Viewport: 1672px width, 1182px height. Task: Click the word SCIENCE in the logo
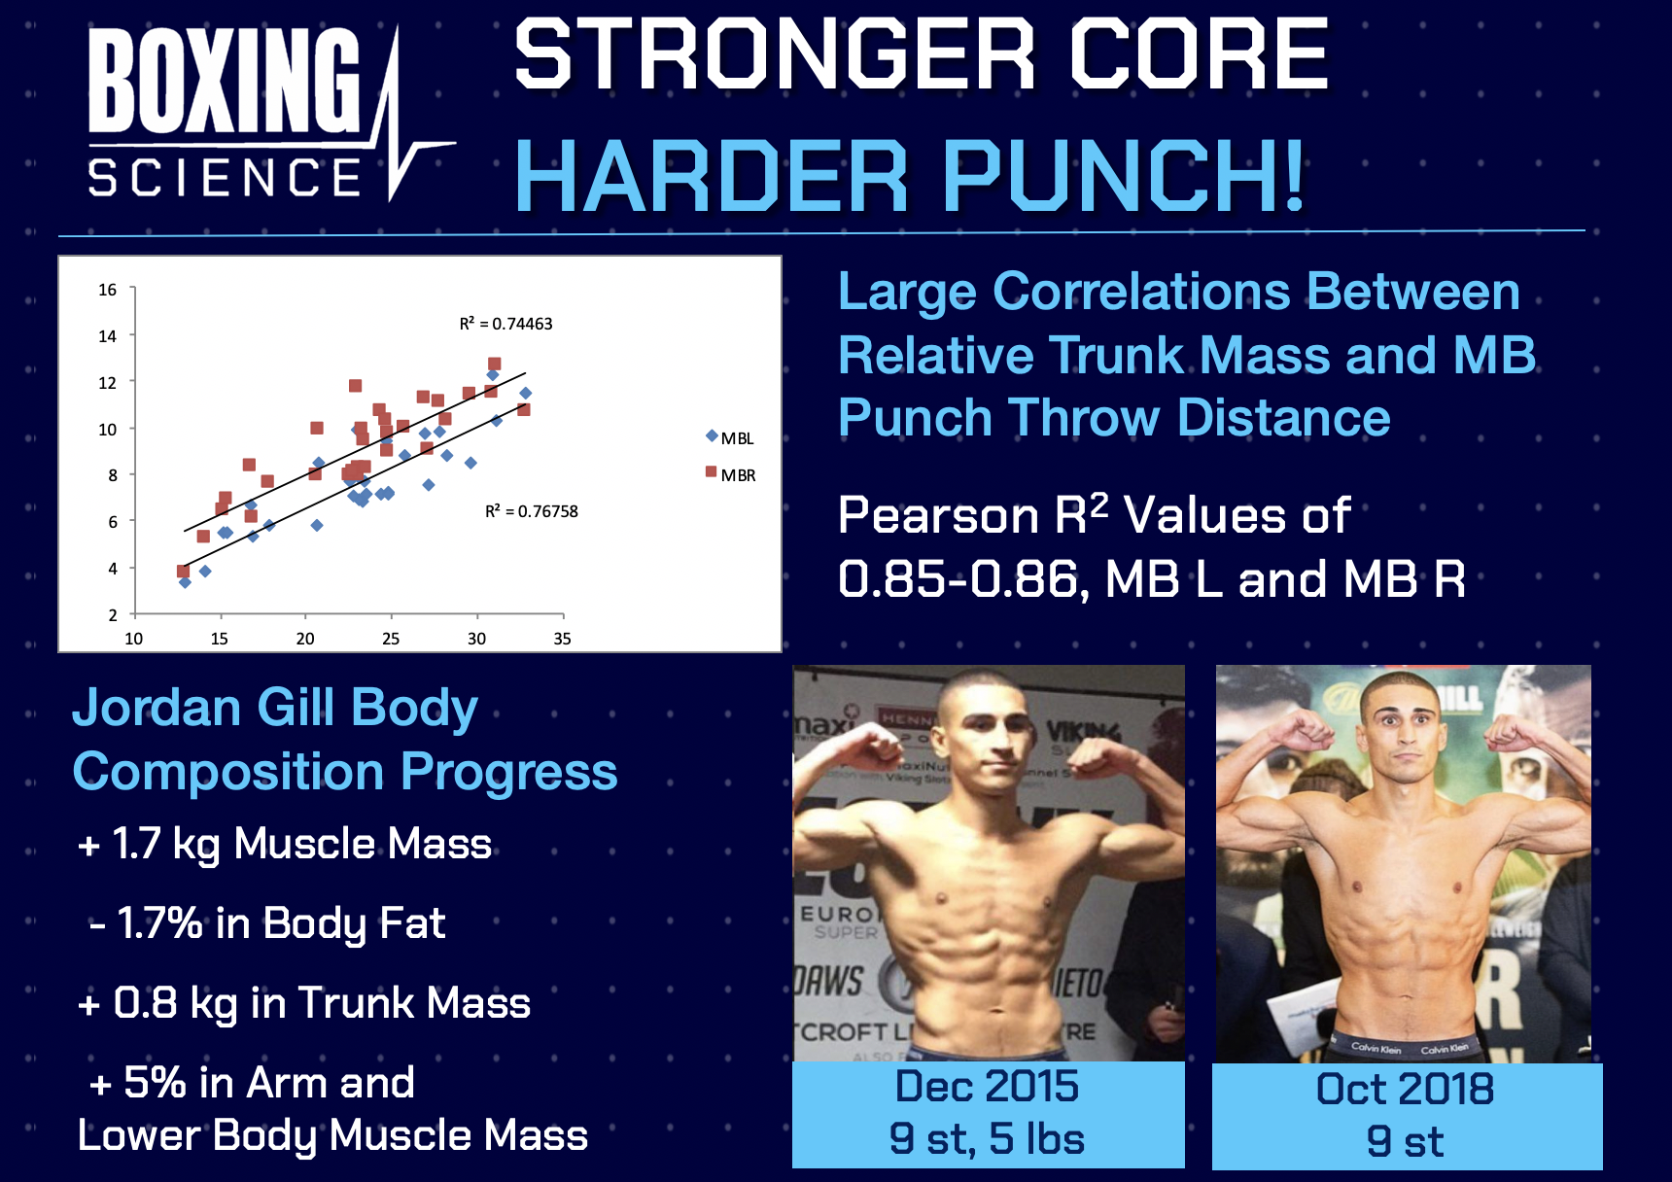coord(226,178)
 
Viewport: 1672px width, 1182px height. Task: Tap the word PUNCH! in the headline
coord(1123,176)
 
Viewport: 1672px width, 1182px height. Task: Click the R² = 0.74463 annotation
coord(505,324)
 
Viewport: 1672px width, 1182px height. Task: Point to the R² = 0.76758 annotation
coord(532,511)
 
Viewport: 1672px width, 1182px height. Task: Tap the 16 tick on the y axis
coord(107,290)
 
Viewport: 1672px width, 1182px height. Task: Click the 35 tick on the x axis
coord(562,639)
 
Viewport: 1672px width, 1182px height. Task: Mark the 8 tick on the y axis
coord(113,475)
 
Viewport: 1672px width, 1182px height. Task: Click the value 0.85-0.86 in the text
coord(957,579)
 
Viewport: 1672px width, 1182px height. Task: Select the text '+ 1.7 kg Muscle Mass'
coord(285,844)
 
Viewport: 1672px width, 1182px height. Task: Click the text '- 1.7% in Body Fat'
coord(267,923)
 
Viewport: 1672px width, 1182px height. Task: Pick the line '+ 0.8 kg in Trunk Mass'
coord(304,1003)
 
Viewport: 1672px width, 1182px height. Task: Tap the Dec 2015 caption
coord(987,1087)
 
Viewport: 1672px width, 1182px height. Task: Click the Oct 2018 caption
coord(1405,1090)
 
